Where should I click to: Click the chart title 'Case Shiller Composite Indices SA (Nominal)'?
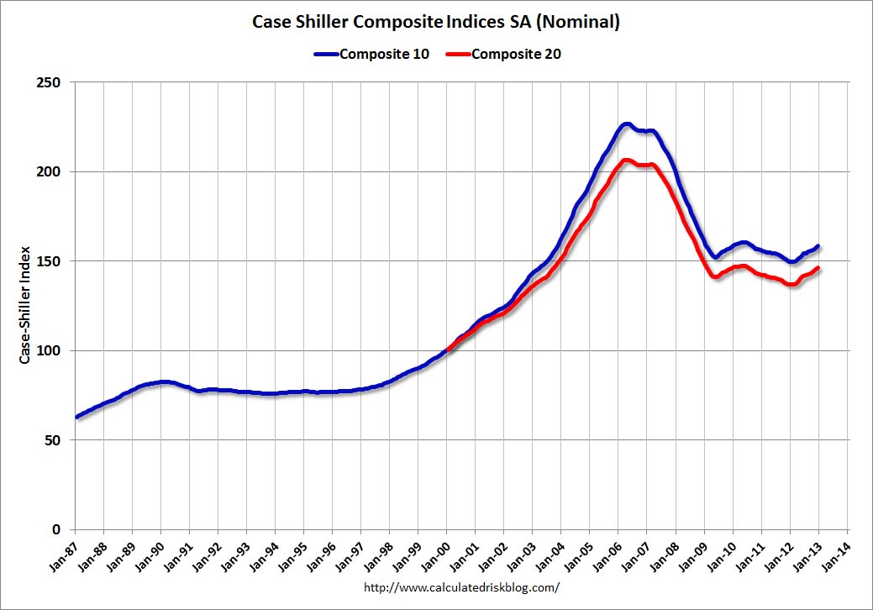pos(436,22)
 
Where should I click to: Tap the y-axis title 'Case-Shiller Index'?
pos(25,305)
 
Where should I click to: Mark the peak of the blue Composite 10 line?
pos(625,124)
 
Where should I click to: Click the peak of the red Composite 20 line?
pos(625,160)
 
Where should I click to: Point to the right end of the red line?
pos(818,268)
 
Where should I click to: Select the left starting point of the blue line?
pos(76,417)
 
